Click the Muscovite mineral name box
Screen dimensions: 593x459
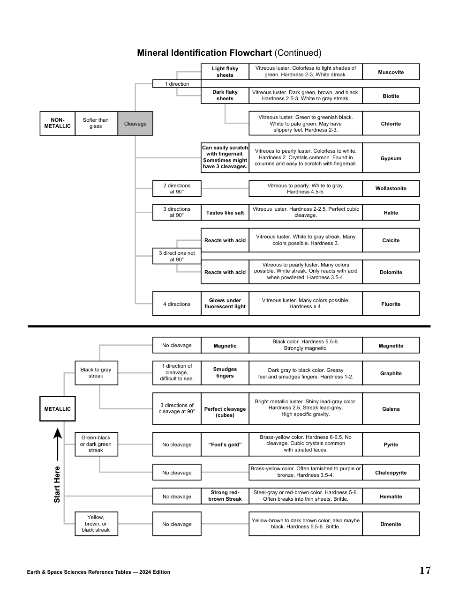[391, 72]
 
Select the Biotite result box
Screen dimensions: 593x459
[391, 96]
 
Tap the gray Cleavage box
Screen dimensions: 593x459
[135, 124]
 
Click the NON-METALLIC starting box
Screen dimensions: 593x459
[57, 123]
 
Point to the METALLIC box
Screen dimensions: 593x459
[57, 409]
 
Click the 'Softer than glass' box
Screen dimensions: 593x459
[96, 123]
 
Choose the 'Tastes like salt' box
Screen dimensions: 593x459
[225, 213]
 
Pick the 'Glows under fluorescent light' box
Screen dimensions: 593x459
[225, 304]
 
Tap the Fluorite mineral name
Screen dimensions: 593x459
[391, 304]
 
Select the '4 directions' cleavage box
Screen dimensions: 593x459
[177, 304]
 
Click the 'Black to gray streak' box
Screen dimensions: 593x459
[96, 373]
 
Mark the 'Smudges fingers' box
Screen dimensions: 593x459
[225, 373]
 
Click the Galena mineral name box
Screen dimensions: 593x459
[391, 409]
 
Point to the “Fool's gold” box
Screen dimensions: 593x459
[225, 445]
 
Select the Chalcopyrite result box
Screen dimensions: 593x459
[391, 473]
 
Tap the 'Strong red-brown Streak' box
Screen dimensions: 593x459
[225, 496]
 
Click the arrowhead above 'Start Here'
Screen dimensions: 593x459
[57, 433]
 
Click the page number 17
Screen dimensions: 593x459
[425, 571]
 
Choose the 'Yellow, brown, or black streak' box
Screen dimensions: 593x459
[96, 524]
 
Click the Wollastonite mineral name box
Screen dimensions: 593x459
[391, 188]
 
